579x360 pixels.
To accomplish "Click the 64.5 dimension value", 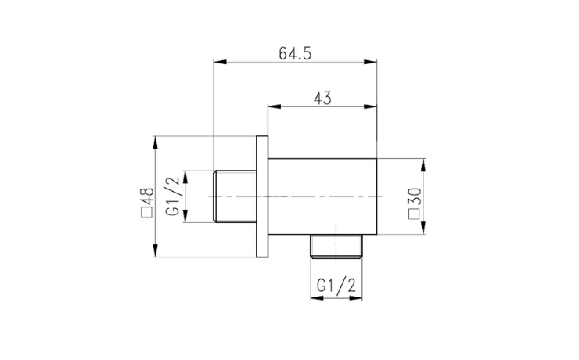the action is pos(295,53).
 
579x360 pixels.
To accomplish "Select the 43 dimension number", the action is pos(322,98).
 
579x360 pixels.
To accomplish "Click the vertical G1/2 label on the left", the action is pos(173,196).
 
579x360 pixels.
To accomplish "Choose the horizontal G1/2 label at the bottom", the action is pos(336,285).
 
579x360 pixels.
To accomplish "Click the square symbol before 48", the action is pos(146,213).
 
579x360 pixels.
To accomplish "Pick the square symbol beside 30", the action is pos(415,214).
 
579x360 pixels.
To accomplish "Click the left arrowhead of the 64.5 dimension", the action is pos(220,62).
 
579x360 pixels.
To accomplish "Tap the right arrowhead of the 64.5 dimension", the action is pos(371,62).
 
